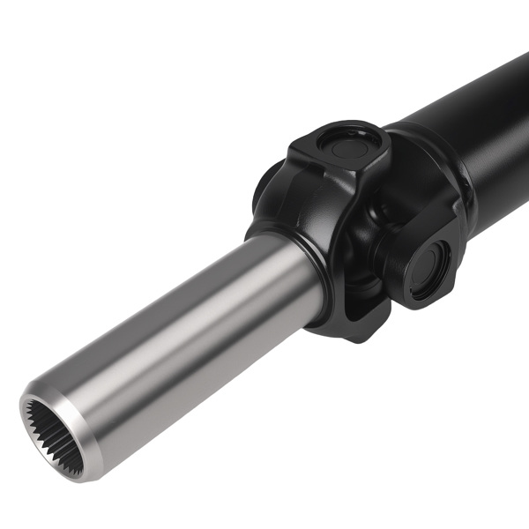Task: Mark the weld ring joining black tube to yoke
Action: [x=419, y=150]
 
